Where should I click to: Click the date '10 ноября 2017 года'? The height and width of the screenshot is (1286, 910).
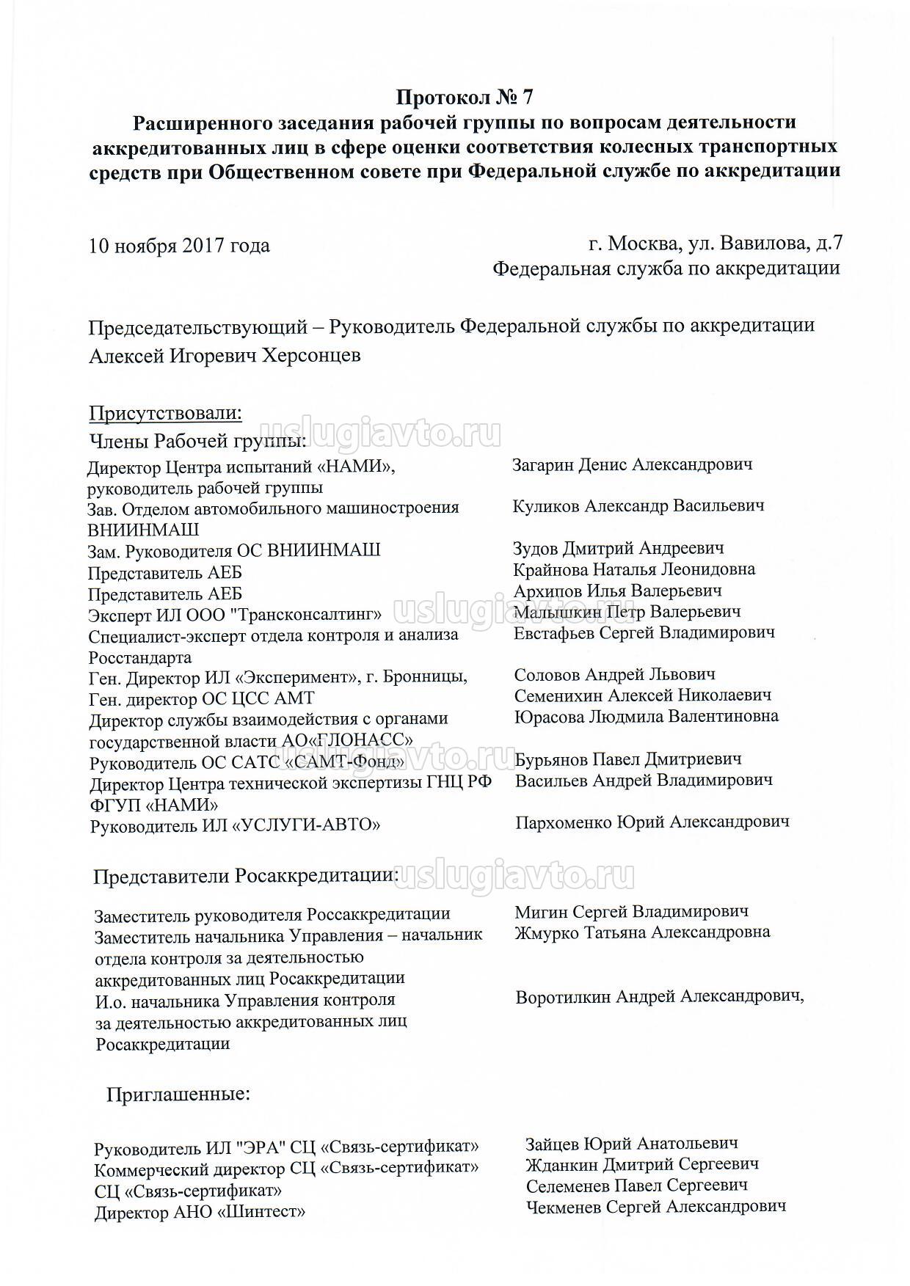coord(179,245)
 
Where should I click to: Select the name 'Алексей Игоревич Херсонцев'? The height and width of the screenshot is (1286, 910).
coord(225,356)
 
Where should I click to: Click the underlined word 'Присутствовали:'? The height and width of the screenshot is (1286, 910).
coord(165,414)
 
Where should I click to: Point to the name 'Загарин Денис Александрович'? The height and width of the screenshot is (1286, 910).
coord(632,464)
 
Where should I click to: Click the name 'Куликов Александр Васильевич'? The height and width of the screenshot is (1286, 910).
coord(638,505)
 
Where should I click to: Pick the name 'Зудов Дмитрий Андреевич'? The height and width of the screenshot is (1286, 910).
coord(619,548)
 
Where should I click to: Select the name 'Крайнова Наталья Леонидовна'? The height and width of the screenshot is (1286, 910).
coord(634,569)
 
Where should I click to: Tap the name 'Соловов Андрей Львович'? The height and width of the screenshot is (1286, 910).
coord(615,674)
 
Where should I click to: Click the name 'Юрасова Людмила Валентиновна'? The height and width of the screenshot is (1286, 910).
coord(647,715)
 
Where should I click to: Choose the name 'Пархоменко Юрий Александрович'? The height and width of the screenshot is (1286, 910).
coord(652,822)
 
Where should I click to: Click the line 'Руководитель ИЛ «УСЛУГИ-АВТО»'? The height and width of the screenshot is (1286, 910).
coord(235,826)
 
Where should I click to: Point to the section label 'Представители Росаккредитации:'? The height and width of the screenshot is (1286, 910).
coord(247,876)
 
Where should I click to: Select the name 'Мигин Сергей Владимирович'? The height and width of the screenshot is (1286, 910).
coord(631,911)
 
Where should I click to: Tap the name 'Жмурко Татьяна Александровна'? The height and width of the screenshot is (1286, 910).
coord(642,932)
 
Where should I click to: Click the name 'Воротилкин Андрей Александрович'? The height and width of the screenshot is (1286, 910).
coord(658,997)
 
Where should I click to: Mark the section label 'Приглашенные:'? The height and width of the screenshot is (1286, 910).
coord(178,1095)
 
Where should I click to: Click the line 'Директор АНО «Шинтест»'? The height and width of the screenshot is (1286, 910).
coord(200,1213)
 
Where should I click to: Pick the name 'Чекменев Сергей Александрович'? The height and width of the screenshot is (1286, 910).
coord(656,1206)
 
